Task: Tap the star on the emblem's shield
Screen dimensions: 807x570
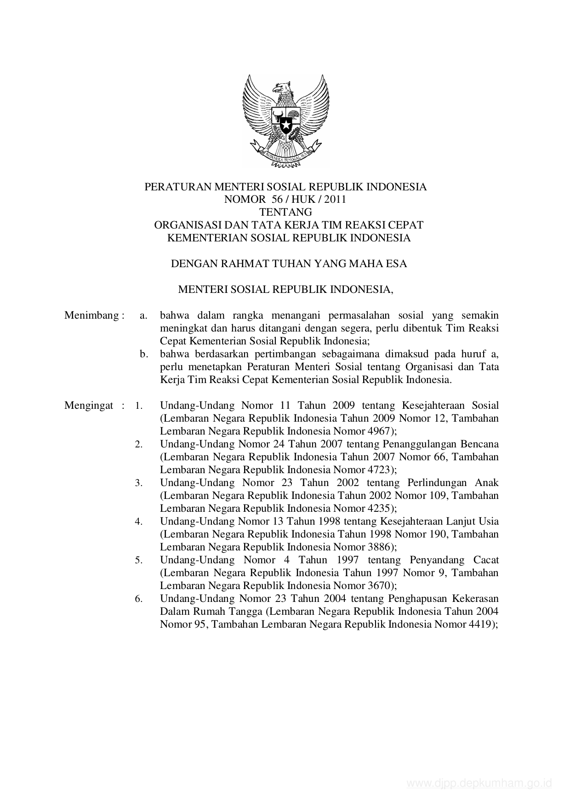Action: [x=286, y=124]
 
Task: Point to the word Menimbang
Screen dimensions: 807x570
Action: [x=92, y=315]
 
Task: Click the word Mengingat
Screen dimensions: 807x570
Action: [x=89, y=406]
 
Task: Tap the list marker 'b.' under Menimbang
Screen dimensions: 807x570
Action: [x=144, y=354]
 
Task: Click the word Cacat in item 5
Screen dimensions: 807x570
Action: [x=486, y=560]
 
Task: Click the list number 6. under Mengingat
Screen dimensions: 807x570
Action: [x=139, y=599]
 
